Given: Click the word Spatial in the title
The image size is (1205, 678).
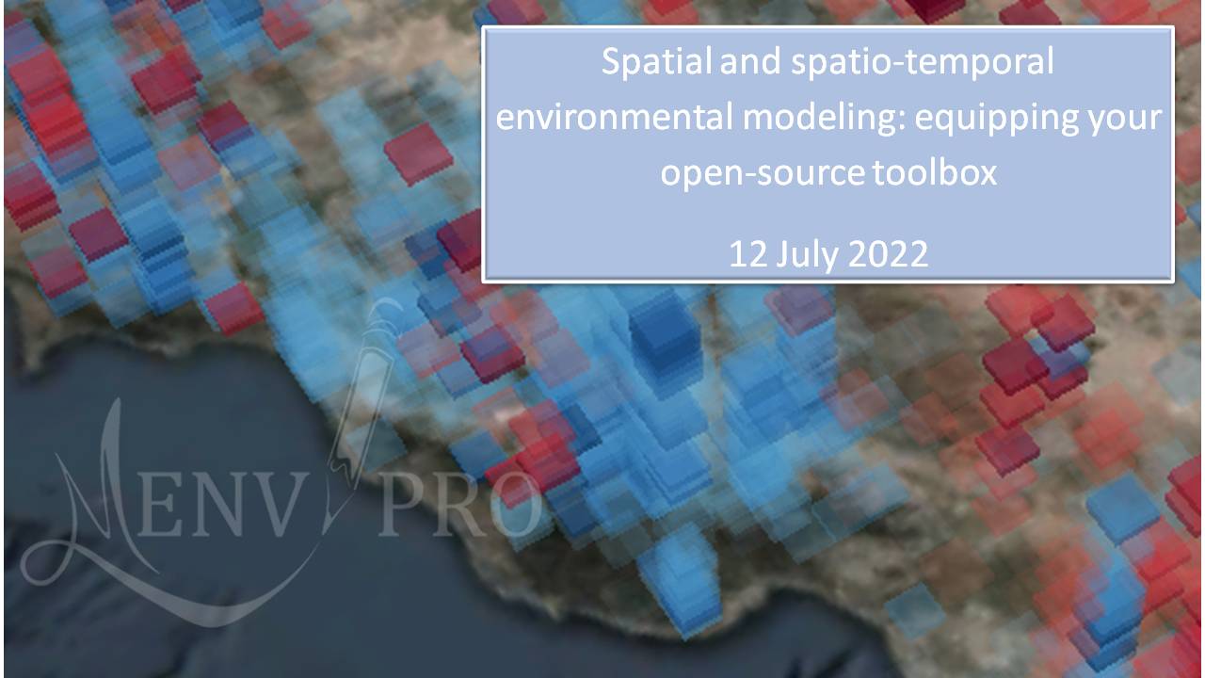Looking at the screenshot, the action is [656, 61].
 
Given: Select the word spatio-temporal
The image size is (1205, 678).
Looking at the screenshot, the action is [922, 62].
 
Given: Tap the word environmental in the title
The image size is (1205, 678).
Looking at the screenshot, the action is [615, 118].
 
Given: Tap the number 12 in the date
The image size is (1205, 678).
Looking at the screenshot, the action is [747, 254].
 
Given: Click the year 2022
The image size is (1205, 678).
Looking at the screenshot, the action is [888, 254].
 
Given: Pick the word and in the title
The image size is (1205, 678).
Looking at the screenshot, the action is [750, 61].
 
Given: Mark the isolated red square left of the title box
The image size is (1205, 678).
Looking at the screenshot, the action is [418, 153].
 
